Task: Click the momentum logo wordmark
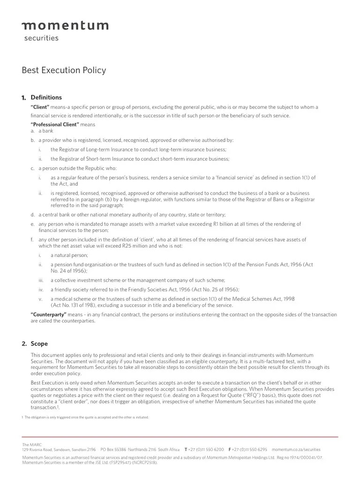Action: pyautogui.click(x=65, y=25)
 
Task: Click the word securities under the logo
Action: pyautogui.click(x=41, y=38)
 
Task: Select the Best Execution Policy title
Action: pyautogui.click(x=64, y=70)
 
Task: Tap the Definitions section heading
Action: pyautogui.click(x=46, y=97)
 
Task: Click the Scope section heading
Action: pyautogui.click(x=39, y=344)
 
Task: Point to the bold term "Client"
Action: pyautogui.click(x=40, y=107)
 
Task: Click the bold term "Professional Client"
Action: pyautogui.click(x=54, y=125)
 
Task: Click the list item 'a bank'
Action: pyautogui.click(x=46, y=131)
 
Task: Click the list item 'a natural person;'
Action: pyautogui.click(x=69, y=255)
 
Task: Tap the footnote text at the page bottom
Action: pyautogui.click(x=87, y=417)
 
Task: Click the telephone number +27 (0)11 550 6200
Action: pyautogui.click(x=206, y=449)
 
